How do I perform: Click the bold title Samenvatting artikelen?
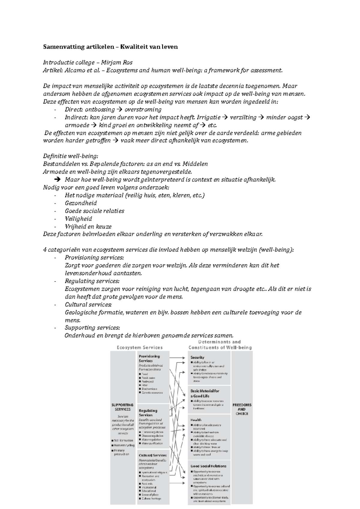pos(79,47)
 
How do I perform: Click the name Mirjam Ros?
pos(117,62)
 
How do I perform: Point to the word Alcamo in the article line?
pos(73,70)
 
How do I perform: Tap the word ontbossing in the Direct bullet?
pos(100,109)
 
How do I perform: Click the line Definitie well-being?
pos(71,156)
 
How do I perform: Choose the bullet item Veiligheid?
pos(78,219)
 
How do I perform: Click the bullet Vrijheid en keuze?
pos(88,227)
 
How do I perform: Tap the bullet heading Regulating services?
pos(92,281)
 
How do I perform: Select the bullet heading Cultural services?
pos(88,304)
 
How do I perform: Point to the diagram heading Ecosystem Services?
pos(139,347)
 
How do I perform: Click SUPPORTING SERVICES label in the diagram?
pos(122,407)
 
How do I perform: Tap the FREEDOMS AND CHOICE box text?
pos(242,409)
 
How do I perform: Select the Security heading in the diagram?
pos(197,357)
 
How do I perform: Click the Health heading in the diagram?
pos(196,420)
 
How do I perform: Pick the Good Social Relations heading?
pos(208,466)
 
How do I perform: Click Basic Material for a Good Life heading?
pos(205,393)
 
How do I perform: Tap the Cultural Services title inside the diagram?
pos(152,455)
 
